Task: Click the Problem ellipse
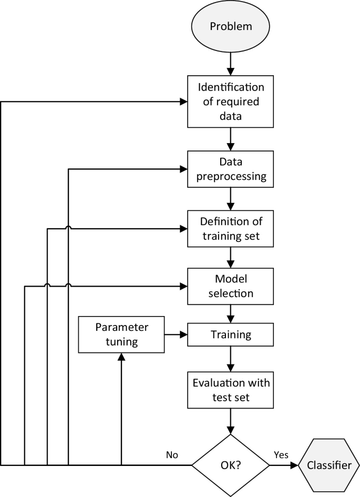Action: [x=231, y=26]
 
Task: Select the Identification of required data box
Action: [x=231, y=101]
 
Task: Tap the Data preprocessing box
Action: [x=231, y=169]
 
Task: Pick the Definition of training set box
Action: [x=231, y=228]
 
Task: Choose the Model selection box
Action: [x=231, y=286]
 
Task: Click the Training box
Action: [x=231, y=334]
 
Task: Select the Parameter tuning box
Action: [x=121, y=334]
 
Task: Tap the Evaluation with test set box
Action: [x=231, y=390]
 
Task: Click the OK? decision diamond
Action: [x=231, y=465]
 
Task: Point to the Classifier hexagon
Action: [x=330, y=465]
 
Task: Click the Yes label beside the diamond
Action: [x=281, y=455]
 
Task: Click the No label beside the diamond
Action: [x=171, y=455]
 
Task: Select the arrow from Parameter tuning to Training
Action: [x=176, y=334]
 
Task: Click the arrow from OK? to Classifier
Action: [x=284, y=465]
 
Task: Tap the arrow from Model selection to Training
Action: [x=231, y=314]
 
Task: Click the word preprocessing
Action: [x=231, y=177]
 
